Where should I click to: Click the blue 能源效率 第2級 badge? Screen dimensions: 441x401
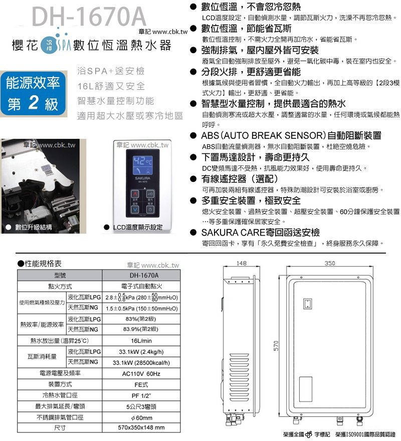[x=33, y=93]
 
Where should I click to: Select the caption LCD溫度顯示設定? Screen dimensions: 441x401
[x=137, y=227]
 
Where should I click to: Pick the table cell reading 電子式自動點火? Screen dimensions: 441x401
[x=140, y=287]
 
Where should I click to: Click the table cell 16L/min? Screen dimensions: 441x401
[x=140, y=341]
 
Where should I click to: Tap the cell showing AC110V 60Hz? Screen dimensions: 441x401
[x=140, y=374]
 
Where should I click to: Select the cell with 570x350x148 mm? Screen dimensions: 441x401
[x=140, y=428]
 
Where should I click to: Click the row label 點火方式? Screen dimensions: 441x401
[x=60, y=287]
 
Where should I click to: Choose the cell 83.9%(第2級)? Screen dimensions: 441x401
[x=140, y=330]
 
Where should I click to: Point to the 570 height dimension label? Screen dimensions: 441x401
[x=275, y=346]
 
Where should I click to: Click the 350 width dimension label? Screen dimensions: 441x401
[x=329, y=263]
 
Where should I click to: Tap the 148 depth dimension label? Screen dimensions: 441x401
[x=241, y=263]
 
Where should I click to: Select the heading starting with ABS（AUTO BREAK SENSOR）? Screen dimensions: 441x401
[x=291, y=136]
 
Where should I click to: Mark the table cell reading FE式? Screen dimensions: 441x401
[x=140, y=384]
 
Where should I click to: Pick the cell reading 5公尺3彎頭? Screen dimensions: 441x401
[x=140, y=406]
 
